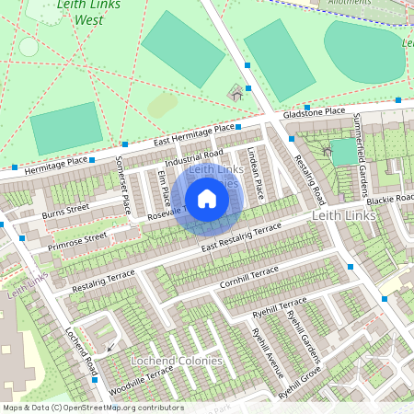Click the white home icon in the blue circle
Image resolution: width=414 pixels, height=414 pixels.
click(x=207, y=199)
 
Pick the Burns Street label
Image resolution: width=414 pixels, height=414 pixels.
click(x=67, y=213)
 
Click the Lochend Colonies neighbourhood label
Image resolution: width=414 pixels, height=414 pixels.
click(x=177, y=361)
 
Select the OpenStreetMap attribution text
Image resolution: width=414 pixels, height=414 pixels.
click(x=94, y=407)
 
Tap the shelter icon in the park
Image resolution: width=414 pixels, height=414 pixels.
click(x=236, y=93)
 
